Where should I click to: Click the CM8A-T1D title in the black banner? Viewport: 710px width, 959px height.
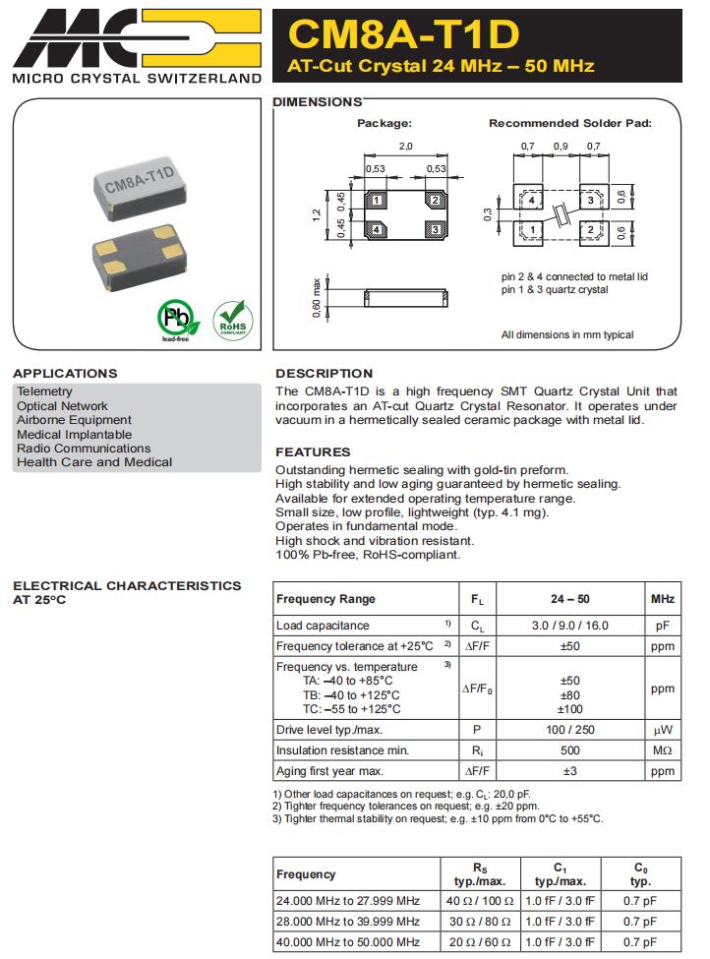click(x=403, y=34)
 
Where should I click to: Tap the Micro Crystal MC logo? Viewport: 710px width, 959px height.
click(x=138, y=37)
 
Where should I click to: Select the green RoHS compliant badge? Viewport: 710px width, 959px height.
click(x=232, y=321)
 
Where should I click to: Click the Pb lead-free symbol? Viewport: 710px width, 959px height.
click(x=178, y=321)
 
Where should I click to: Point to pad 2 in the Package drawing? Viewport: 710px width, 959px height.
click(x=433, y=201)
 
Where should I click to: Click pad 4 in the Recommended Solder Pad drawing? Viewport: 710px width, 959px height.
click(x=531, y=200)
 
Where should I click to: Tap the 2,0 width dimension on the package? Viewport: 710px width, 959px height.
click(x=405, y=146)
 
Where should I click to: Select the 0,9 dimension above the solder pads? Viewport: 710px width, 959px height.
click(x=561, y=146)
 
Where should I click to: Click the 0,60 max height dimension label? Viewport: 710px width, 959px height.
click(x=317, y=298)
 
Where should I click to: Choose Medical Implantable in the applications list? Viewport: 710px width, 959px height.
click(x=74, y=435)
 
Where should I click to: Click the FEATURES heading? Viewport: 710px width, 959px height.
click(x=313, y=452)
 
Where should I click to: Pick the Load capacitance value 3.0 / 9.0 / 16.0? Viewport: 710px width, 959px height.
click(x=569, y=626)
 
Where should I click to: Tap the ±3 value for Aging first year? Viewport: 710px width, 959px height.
click(x=569, y=771)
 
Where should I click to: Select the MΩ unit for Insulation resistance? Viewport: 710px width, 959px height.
click(x=661, y=750)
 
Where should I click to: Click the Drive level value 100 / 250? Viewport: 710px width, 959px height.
click(x=569, y=730)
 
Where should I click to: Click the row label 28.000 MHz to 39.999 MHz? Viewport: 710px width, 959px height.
click(x=347, y=922)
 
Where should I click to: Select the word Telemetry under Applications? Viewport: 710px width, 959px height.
click(x=44, y=391)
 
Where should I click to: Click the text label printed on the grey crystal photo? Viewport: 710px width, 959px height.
click(x=139, y=181)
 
